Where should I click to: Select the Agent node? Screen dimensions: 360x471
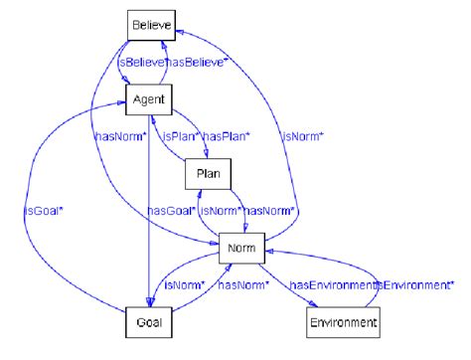click(x=149, y=99)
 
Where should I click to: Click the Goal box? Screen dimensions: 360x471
click(x=151, y=322)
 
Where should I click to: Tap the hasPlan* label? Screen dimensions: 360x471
click(x=227, y=135)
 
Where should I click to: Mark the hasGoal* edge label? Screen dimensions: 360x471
click(x=171, y=210)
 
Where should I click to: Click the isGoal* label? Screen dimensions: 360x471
click(x=44, y=211)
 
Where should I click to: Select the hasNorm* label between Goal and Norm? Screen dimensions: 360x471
click(x=240, y=285)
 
